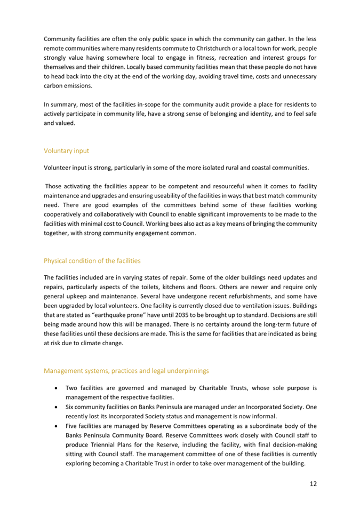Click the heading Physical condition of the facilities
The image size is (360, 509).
[92, 261]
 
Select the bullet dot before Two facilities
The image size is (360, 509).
[56, 388]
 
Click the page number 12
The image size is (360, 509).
[313, 484]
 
